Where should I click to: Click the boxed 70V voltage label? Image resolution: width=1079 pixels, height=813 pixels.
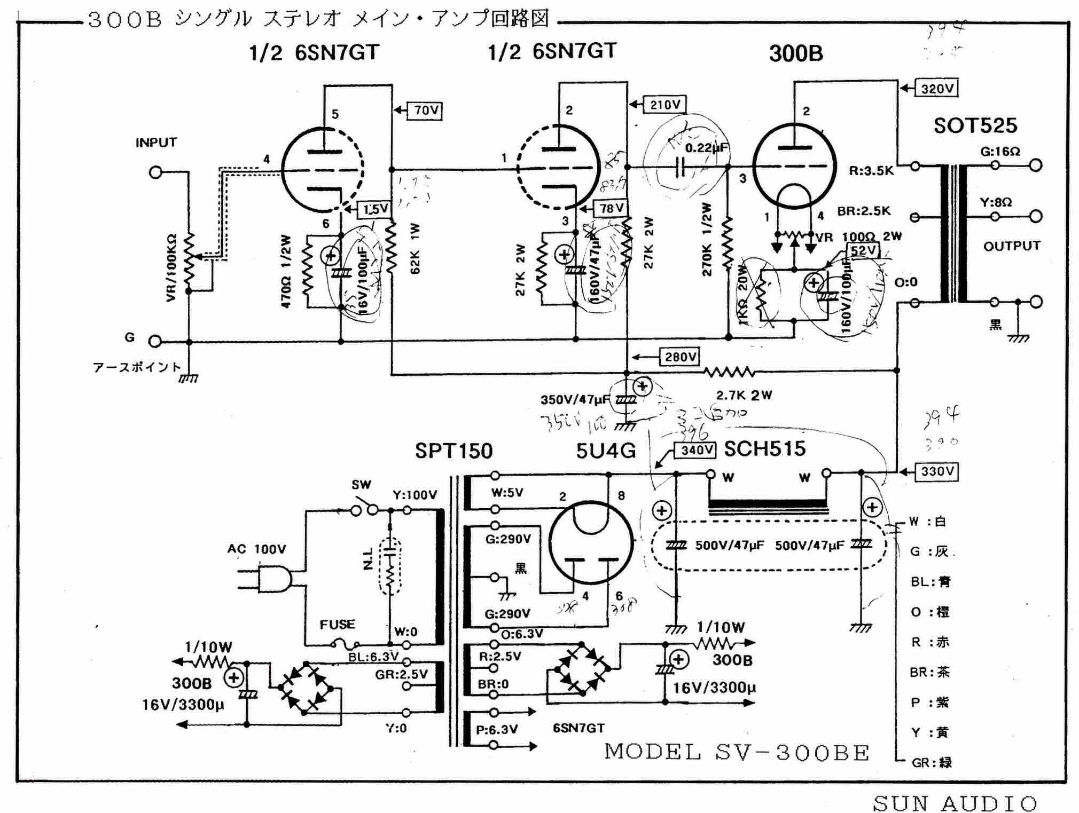click(x=425, y=110)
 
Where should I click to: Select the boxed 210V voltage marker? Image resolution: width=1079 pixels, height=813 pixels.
click(x=664, y=105)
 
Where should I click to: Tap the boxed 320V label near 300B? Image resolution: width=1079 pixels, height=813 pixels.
click(x=937, y=89)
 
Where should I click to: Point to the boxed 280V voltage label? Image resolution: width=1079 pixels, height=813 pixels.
click(x=679, y=357)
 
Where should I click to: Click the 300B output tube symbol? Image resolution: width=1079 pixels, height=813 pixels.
click(x=794, y=165)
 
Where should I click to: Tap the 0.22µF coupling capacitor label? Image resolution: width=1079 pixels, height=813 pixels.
click(x=706, y=148)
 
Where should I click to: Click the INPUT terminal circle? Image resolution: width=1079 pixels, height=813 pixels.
click(x=155, y=172)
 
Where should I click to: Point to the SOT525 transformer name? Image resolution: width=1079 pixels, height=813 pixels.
click(x=975, y=126)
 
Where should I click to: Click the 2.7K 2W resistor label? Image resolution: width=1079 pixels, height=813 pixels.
click(x=744, y=396)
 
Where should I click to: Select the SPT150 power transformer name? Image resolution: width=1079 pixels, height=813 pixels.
click(x=454, y=452)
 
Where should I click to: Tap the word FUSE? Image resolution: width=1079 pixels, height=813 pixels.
click(x=337, y=624)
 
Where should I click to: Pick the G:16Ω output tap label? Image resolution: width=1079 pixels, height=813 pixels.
click(x=1000, y=152)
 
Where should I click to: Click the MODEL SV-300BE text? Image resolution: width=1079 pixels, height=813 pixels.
click(x=737, y=752)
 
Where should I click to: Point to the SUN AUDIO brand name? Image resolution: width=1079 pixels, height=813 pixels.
click(x=955, y=803)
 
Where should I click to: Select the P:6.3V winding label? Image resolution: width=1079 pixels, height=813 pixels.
click(x=497, y=729)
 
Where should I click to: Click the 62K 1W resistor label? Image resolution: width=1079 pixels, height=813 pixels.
click(x=415, y=249)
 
